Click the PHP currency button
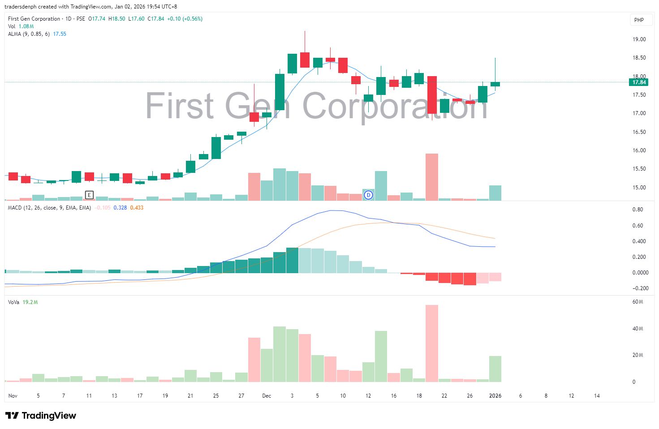coord(639,20)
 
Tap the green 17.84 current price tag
coord(639,82)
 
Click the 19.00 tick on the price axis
coord(639,39)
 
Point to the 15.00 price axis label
coord(639,188)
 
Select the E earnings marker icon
coord(89,195)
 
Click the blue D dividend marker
coord(368,195)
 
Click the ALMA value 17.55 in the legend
coord(60,34)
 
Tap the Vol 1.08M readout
coord(26,26)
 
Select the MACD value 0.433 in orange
coord(137,208)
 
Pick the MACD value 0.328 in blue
coord(120,208)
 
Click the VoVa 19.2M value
coord(30,302)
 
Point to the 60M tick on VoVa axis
coord(637,302)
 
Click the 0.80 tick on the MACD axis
coord(637,210)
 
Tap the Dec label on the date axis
coord(267,396)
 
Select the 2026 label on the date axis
coord(495,396)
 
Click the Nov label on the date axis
coord(13,396)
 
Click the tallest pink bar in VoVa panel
coord(431,343)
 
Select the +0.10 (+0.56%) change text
coord(185,19)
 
